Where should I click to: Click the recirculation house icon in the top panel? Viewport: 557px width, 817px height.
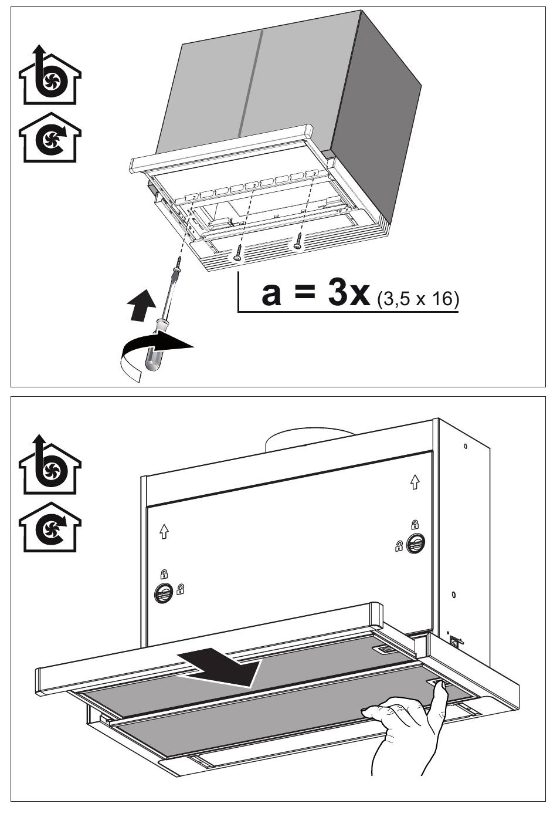(x=50, y=137)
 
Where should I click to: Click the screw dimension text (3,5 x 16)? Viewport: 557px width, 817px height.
(x=418, y=300)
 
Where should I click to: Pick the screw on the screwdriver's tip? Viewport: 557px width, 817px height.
(x=178, y=262)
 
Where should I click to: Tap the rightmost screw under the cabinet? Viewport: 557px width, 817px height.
(x=298, y=241)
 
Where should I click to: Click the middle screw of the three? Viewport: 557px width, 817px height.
(x=239, y=252)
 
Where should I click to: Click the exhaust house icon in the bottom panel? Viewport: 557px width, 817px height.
(x=50, y=464)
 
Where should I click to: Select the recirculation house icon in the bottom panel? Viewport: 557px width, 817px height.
(x=50, y=528)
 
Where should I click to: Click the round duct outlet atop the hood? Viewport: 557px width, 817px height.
(x=310, y=440)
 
